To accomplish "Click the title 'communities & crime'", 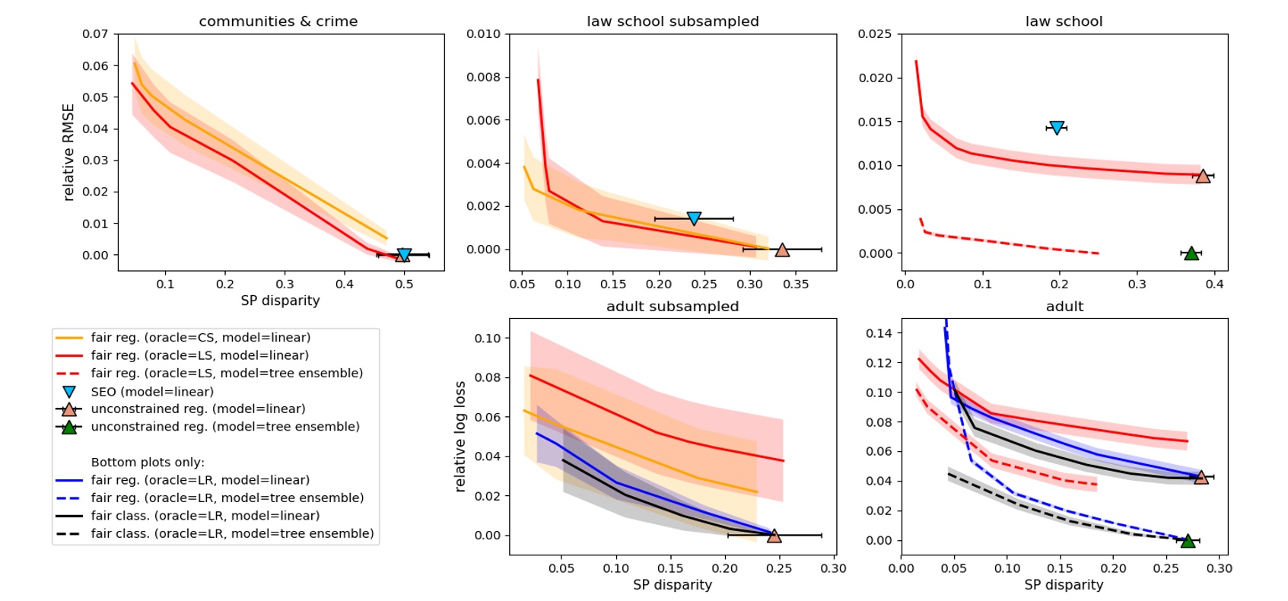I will click(278, 21).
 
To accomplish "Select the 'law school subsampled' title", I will click(673, 21).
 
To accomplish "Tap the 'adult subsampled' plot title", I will click(673, 307).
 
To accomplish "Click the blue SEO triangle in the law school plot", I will click(1056, 128).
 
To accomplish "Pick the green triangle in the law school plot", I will click(1191, 253).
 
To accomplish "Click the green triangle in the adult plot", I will click(1188, 540).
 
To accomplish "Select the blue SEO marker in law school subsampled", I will click(694, 218).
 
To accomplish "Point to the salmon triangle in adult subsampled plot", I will click(774, 536).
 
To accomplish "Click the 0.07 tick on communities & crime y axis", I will click(95, 34).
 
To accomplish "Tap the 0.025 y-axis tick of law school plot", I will click(875, 34).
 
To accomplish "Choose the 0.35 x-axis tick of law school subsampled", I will click(796, 284).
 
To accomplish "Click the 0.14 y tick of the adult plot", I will click(880, 332).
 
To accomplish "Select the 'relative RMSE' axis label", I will click(68, 152).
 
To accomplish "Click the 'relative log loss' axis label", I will click(460, 437).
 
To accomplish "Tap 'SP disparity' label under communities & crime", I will click(280, 300).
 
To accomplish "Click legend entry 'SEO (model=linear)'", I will click(152, 391).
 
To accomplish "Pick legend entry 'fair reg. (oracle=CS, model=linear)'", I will click(200, 337).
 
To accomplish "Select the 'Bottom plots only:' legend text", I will click(148, 462).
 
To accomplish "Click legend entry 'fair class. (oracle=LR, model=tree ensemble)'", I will click(232, 533).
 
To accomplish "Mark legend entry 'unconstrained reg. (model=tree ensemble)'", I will click(225, 426).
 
